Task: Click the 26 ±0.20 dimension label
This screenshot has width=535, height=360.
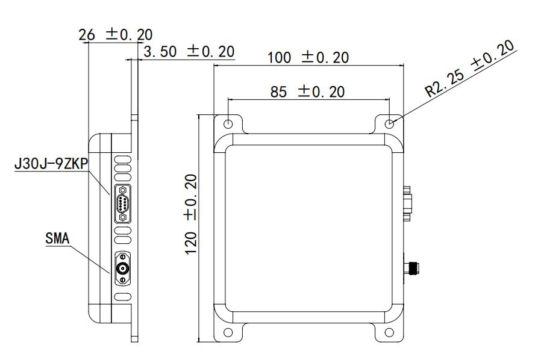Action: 115,34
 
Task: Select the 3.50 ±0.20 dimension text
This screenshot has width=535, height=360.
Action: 189,52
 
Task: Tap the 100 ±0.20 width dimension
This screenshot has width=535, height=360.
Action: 308,57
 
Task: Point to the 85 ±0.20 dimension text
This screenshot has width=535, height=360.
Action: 307,92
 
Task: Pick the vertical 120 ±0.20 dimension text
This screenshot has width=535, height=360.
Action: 191,214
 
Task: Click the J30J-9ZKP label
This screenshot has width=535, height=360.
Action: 51,164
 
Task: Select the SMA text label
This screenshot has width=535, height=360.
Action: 57,238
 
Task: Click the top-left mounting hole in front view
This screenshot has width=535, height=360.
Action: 228,123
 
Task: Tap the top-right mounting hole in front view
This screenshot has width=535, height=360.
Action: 389,123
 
